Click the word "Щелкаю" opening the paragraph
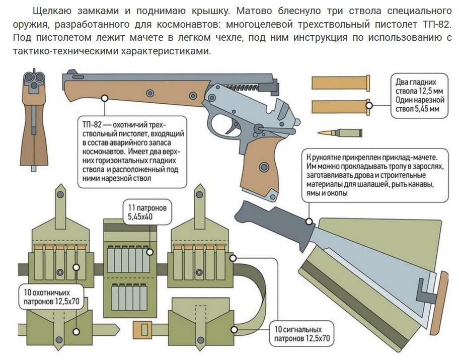tap(51, 11)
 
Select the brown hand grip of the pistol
tap(259, 166)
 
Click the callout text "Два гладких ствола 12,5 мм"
tap(416, 86)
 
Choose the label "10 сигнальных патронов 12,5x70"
tap(302, 334)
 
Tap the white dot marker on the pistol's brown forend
tap(105, 98)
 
